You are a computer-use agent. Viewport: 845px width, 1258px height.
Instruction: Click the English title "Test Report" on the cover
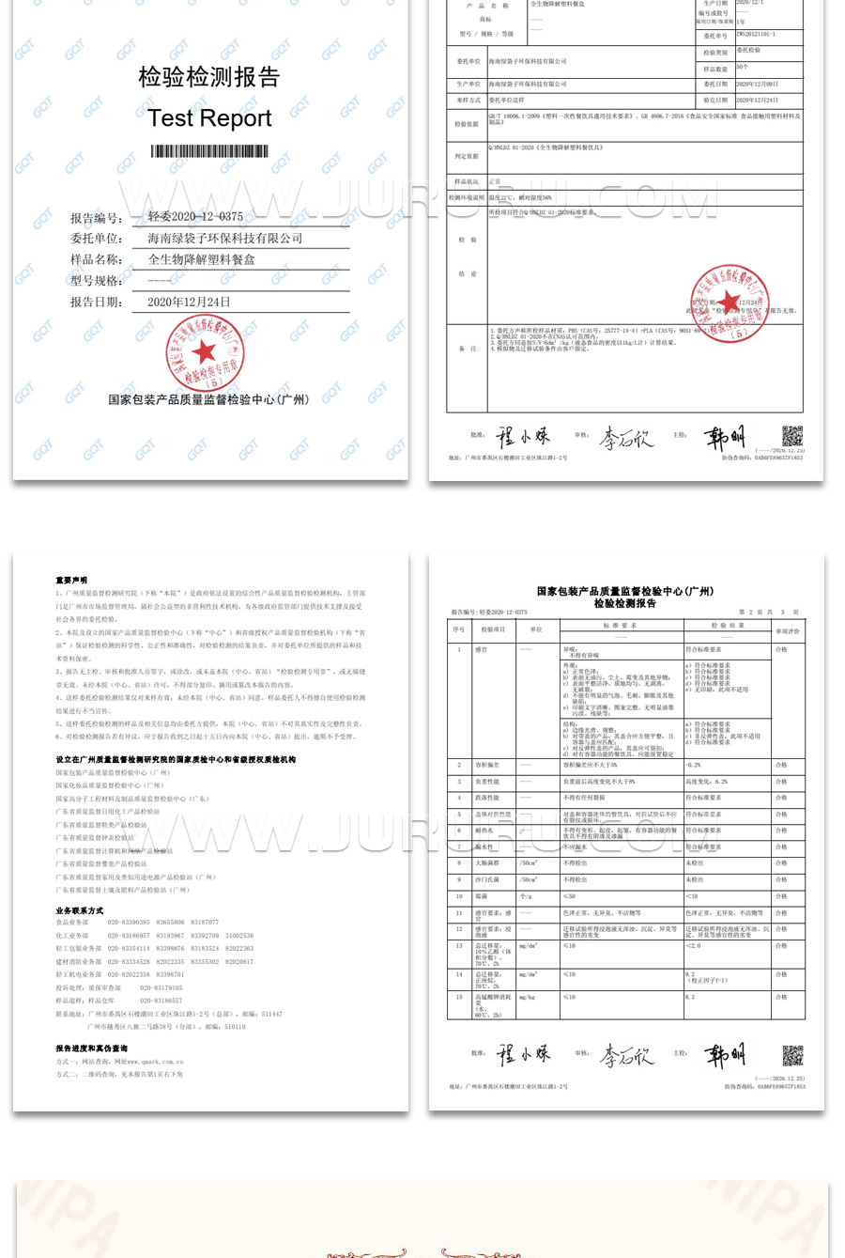pos(209,118)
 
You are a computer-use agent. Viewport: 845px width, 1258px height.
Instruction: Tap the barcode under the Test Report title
pos(209,151)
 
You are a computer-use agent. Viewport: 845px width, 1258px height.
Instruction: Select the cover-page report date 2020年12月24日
pos(189,302)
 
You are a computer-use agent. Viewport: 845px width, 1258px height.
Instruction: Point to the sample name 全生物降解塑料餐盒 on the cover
pos(202,259)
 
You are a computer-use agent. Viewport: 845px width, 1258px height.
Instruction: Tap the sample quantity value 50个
pos(743,68)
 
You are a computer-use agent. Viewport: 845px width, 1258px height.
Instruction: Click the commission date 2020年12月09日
pos(757,85)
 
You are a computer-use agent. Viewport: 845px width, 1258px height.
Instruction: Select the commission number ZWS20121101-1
pos(756,34)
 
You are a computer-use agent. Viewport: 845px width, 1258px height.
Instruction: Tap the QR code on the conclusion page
pos(792,436)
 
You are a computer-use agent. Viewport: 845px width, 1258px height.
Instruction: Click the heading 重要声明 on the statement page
pos(71,581)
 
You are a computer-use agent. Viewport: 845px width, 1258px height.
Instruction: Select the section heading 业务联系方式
pos(80,910)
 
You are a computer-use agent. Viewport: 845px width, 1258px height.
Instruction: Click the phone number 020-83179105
pos(161,988)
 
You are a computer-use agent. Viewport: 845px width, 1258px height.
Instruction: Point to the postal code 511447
pos(271,1015)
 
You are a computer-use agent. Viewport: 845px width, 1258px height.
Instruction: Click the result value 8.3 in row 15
pos(690,997)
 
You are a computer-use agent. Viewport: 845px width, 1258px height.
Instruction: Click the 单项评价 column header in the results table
pos(787,630)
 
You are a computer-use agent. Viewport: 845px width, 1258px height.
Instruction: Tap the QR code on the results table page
pos(793,1055)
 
